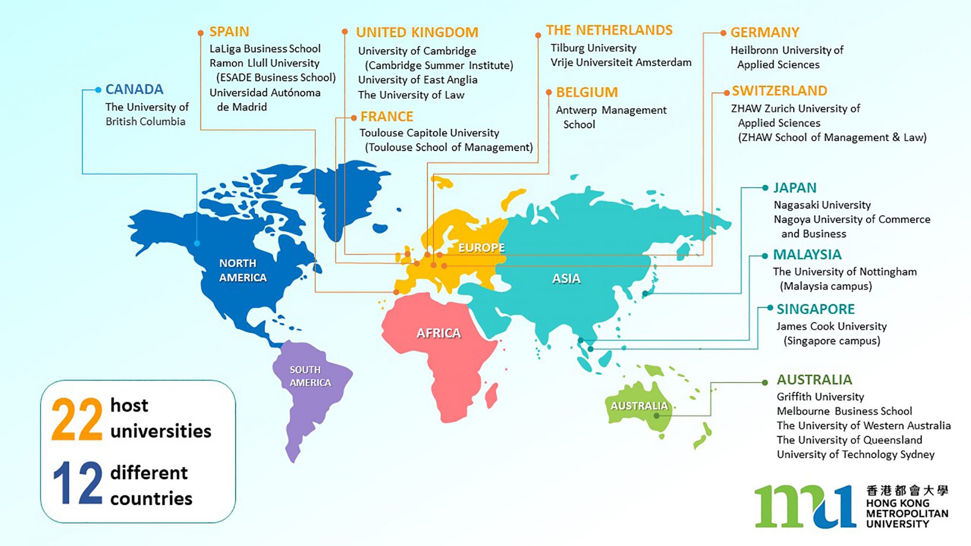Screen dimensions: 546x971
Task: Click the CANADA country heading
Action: coord(134,89)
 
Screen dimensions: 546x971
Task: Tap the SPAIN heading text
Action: coord(229,32)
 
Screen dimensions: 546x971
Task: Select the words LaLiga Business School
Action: coord(265,49)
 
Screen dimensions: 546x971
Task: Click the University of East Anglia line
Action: coord(417,80)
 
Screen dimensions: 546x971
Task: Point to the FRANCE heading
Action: coord(386,117)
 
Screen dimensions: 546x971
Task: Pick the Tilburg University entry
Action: coord(593,48)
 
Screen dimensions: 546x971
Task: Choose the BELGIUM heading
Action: coord(586,92)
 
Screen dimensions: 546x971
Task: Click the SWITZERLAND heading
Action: coord(779,91)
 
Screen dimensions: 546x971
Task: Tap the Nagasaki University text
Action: coord(822,205)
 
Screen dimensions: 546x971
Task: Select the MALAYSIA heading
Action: coord(807,255)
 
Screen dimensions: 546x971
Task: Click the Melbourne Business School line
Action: coord(844,411)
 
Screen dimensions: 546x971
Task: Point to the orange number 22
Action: coord(77,419)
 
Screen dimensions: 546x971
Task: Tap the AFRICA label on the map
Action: coord(439,333)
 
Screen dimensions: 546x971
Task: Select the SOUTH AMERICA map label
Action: coord(310,376)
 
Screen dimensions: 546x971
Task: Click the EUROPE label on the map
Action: coord(481,247)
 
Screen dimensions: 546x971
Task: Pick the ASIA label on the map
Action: coord(566,279)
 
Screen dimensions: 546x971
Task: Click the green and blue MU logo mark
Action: coord(805,507)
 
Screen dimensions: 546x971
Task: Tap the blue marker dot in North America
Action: coord(197,243)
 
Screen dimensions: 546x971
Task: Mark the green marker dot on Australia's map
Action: coord(656,416)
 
